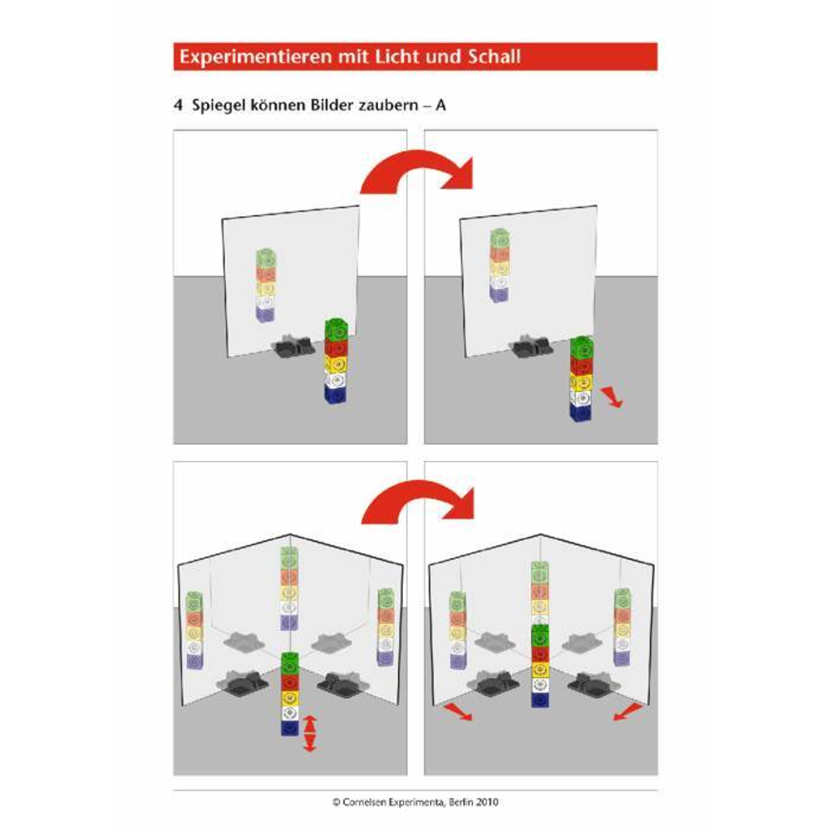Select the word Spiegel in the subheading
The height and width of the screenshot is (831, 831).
(x=219, y=106)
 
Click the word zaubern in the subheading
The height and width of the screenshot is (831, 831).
(x=388, y=106)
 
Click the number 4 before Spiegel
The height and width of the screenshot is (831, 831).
(x=178, y=106)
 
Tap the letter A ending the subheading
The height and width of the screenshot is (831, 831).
(x=440, y=106)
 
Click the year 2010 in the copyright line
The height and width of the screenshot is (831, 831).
(x=486, y=803)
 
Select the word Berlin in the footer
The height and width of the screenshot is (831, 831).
(x=460, y=803)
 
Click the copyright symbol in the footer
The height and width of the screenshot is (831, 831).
(x=337, y=803)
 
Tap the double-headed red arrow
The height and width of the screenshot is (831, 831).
(x=310, y=734)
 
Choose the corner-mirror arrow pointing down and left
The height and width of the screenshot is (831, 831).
(x=628, y=712)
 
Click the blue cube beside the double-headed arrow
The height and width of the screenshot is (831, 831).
(x=289, y=728)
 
